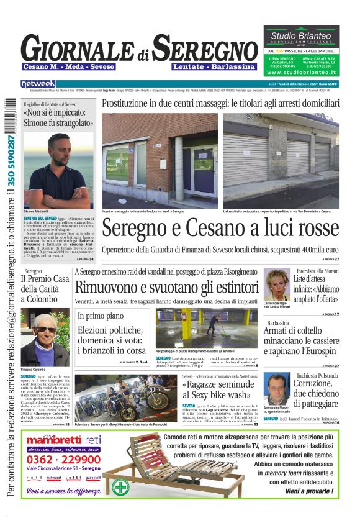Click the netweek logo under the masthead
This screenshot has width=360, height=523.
[38, 83]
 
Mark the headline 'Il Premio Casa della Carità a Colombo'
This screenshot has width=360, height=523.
[45, 289]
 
